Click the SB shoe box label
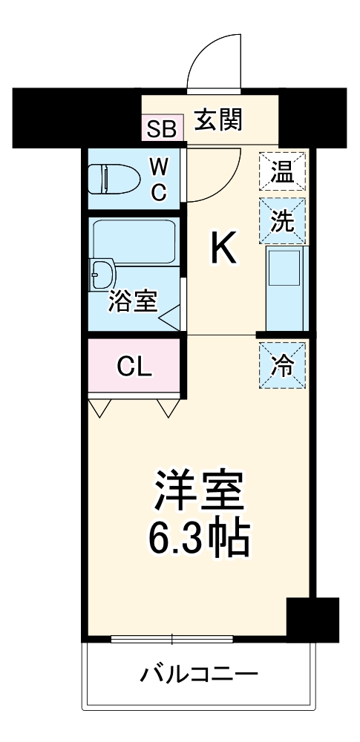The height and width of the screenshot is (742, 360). click(x=161, y=128)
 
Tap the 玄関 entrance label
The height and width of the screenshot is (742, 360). click(x=218, y=119)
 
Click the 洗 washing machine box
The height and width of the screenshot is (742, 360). click(x=281, y=221)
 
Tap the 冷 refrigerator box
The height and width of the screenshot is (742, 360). click(x=281, y=364)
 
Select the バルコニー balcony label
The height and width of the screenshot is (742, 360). click(x=199, y=674)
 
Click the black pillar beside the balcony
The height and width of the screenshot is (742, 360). click(x=312, y=619)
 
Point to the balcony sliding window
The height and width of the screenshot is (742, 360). click(x=172, y=639)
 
